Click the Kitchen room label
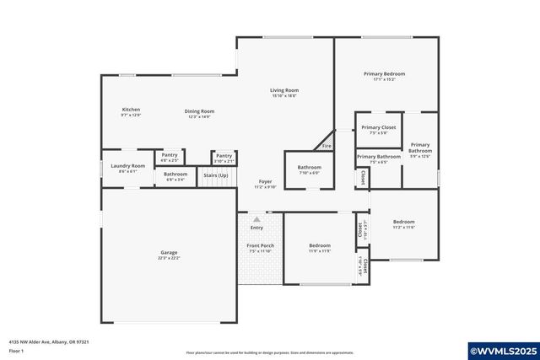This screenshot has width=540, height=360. pos(131,110)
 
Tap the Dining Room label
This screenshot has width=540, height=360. pos(200,111)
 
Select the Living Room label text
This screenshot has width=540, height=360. pos(284,90)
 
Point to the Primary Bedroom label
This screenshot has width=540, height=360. pos(384,74)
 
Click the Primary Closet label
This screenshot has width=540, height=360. pos(378,127)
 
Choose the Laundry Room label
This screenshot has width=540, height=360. pos(127,166)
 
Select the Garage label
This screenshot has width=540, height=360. pos(169,252)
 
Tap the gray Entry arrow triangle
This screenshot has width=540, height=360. pos(256,218)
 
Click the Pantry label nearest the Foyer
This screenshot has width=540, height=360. pos(224,156)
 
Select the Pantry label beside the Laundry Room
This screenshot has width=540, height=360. pos(170,155)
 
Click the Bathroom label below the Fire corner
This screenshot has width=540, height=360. pos(309,167)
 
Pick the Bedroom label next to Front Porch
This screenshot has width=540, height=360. pos(319,245)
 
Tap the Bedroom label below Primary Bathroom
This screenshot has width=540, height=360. pos(403,222)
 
